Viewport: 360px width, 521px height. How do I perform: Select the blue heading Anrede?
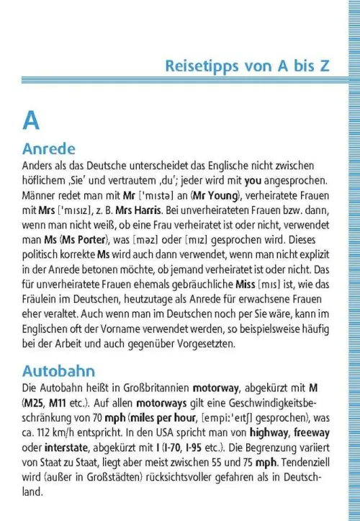pyautogui.click(x=49, y=149)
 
